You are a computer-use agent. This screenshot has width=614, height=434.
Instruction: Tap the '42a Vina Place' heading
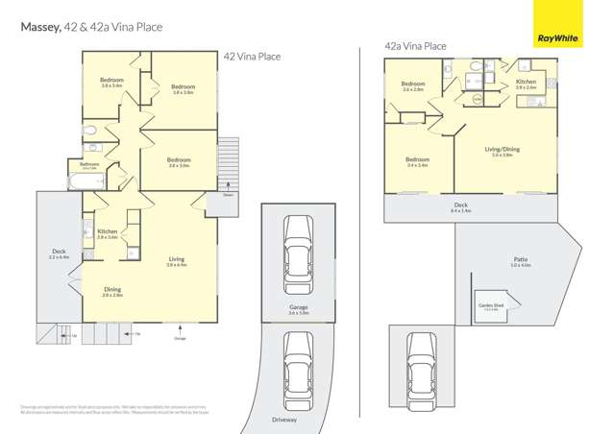(x=415, y=46)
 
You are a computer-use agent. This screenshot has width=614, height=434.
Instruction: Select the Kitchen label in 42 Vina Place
(x=107, y=232)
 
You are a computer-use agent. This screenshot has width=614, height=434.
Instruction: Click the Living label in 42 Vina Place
(x=176, y=260)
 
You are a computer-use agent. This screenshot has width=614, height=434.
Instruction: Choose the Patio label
(x=520, y=260)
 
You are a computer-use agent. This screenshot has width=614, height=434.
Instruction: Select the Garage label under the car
(x=298, y=309)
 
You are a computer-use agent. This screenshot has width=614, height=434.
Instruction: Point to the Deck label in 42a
(x=461, y=205)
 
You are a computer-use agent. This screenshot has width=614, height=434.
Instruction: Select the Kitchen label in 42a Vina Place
(x=526, y=84)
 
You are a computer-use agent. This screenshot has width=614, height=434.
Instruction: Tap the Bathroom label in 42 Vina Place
(x=89, y=164)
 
